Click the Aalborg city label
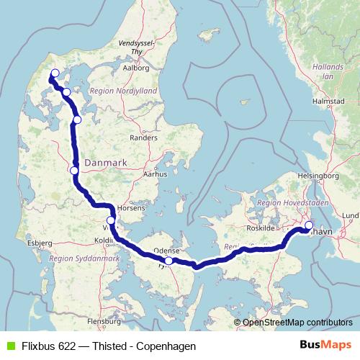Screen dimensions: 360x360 click(135, 68)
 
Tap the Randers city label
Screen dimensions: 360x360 click(143, 137)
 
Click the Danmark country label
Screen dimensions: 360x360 click(106, 163)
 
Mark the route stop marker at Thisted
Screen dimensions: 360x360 click(54, 73)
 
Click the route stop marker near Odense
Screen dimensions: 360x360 click(168, 261)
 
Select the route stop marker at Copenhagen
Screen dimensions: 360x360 click(309, 226)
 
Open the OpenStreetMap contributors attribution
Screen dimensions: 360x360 click(297, 323)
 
